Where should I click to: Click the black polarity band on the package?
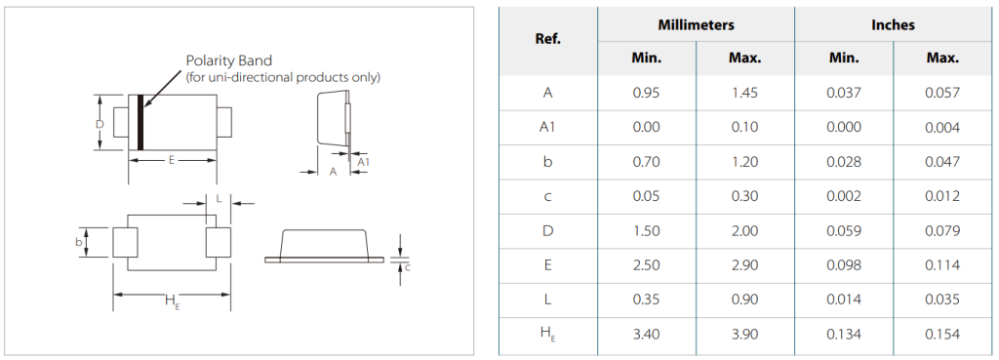[x=140, y=122]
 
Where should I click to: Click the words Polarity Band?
[x=228, y=60]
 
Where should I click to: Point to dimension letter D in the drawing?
[x=100, y=124]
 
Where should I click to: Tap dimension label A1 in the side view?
[x=363, y=163]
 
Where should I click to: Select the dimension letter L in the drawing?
[x=219, y=199]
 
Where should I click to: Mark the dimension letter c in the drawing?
[x=408, y=267]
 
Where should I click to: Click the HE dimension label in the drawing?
[x=172, y=301]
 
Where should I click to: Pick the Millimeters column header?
[x=696, y=24]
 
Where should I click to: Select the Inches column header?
[x=894, y=24]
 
